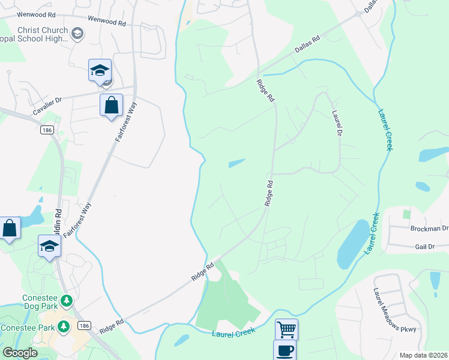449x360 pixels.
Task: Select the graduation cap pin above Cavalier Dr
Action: tap(100, 70)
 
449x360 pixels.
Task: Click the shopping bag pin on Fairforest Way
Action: tap(111, 106)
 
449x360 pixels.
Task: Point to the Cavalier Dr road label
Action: tap(47, 108)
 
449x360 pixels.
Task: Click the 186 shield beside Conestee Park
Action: tap(83, 326)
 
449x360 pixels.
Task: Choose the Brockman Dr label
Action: tap(429, 229)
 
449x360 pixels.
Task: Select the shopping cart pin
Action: tap(286, 329)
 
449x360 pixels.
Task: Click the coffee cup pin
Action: tap(284, 350)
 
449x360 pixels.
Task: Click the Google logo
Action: tap(20, 353)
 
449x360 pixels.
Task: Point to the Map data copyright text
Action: tap(423, 355)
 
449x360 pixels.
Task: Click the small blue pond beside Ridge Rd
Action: tap(237, 163)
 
